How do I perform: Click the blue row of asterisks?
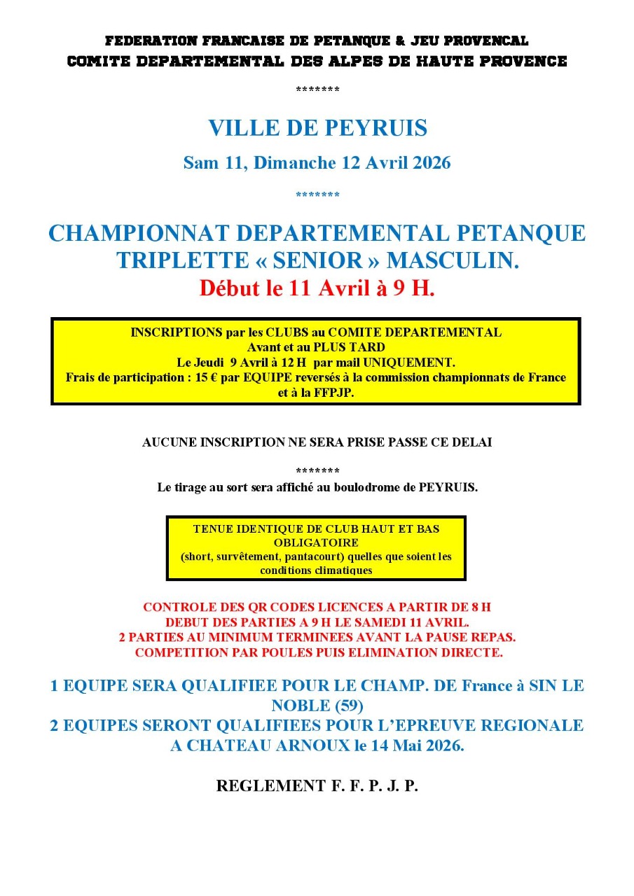[317, 195]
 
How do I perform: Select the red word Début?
[226, 288]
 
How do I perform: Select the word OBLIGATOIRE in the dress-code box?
[316, 542]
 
